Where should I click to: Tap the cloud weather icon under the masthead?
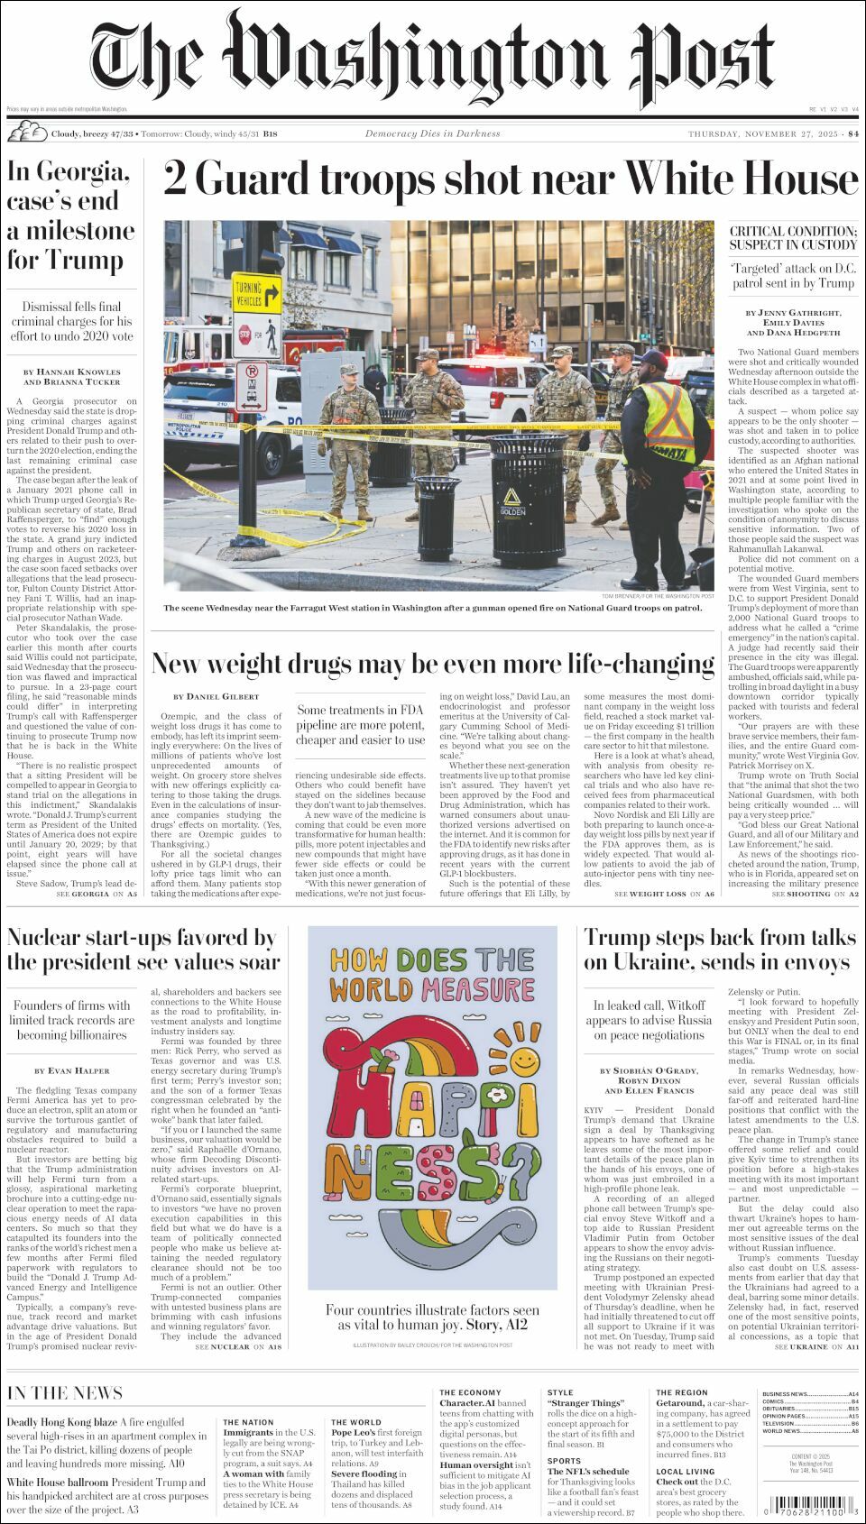point(27,133)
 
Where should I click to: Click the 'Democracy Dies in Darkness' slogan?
point(432,134)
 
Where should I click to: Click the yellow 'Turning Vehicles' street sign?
point(256,295)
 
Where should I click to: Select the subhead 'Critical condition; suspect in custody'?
point(793,238)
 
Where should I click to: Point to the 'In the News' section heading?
point(65,1393)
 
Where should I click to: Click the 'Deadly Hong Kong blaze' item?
point(60,1422)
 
